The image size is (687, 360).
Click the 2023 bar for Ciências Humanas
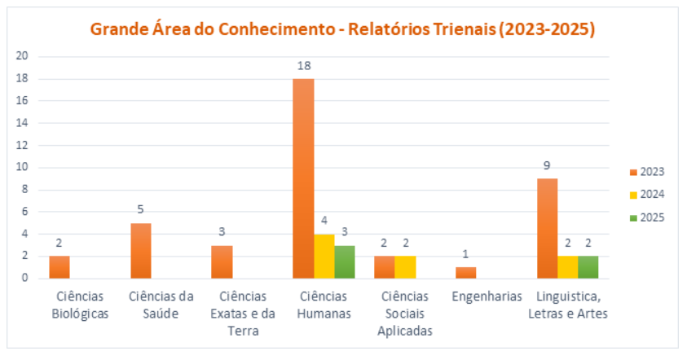[303, 178]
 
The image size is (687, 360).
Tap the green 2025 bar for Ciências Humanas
[344, 261]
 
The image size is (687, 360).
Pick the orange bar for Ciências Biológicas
[59, 267]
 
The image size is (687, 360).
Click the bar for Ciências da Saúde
[140, 250]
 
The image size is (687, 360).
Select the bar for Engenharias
[465, 272]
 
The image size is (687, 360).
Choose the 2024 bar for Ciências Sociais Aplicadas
[405, 267]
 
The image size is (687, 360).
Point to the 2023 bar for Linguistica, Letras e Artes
[547, 228]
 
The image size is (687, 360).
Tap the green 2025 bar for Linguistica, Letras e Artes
[588, 267]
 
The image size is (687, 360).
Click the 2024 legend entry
[647, 195]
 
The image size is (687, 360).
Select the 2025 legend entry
[647, 217]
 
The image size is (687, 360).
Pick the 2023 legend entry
[647, 172]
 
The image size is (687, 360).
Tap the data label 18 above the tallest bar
[304, 66]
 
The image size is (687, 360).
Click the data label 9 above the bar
[547, 166]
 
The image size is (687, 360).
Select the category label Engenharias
[487, 296]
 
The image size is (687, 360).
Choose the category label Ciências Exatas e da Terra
[243, 314]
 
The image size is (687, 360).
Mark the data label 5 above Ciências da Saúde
[140, 210]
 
